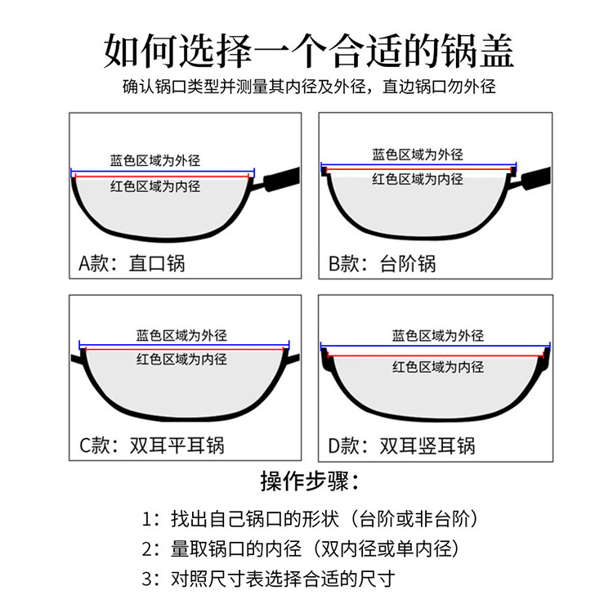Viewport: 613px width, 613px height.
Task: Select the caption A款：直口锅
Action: pos(132,263)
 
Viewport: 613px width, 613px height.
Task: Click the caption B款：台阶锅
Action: pos(383,263)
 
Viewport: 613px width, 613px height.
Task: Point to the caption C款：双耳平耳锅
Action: pos(152,445)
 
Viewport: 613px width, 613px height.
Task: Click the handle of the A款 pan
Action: pos(278,178)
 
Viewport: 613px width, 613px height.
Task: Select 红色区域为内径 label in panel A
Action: pos(155,186)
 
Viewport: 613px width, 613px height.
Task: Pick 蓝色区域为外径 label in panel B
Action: pos(418,154)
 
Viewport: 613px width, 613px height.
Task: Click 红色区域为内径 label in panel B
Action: pos(418,179)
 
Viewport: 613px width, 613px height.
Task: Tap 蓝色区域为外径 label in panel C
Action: pos(181,335)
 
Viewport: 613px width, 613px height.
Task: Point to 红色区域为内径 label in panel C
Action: pos(181,359)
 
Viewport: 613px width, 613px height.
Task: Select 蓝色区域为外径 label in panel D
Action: pos(438,335)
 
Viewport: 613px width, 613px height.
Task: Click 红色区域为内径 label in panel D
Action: pos(438,366)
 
